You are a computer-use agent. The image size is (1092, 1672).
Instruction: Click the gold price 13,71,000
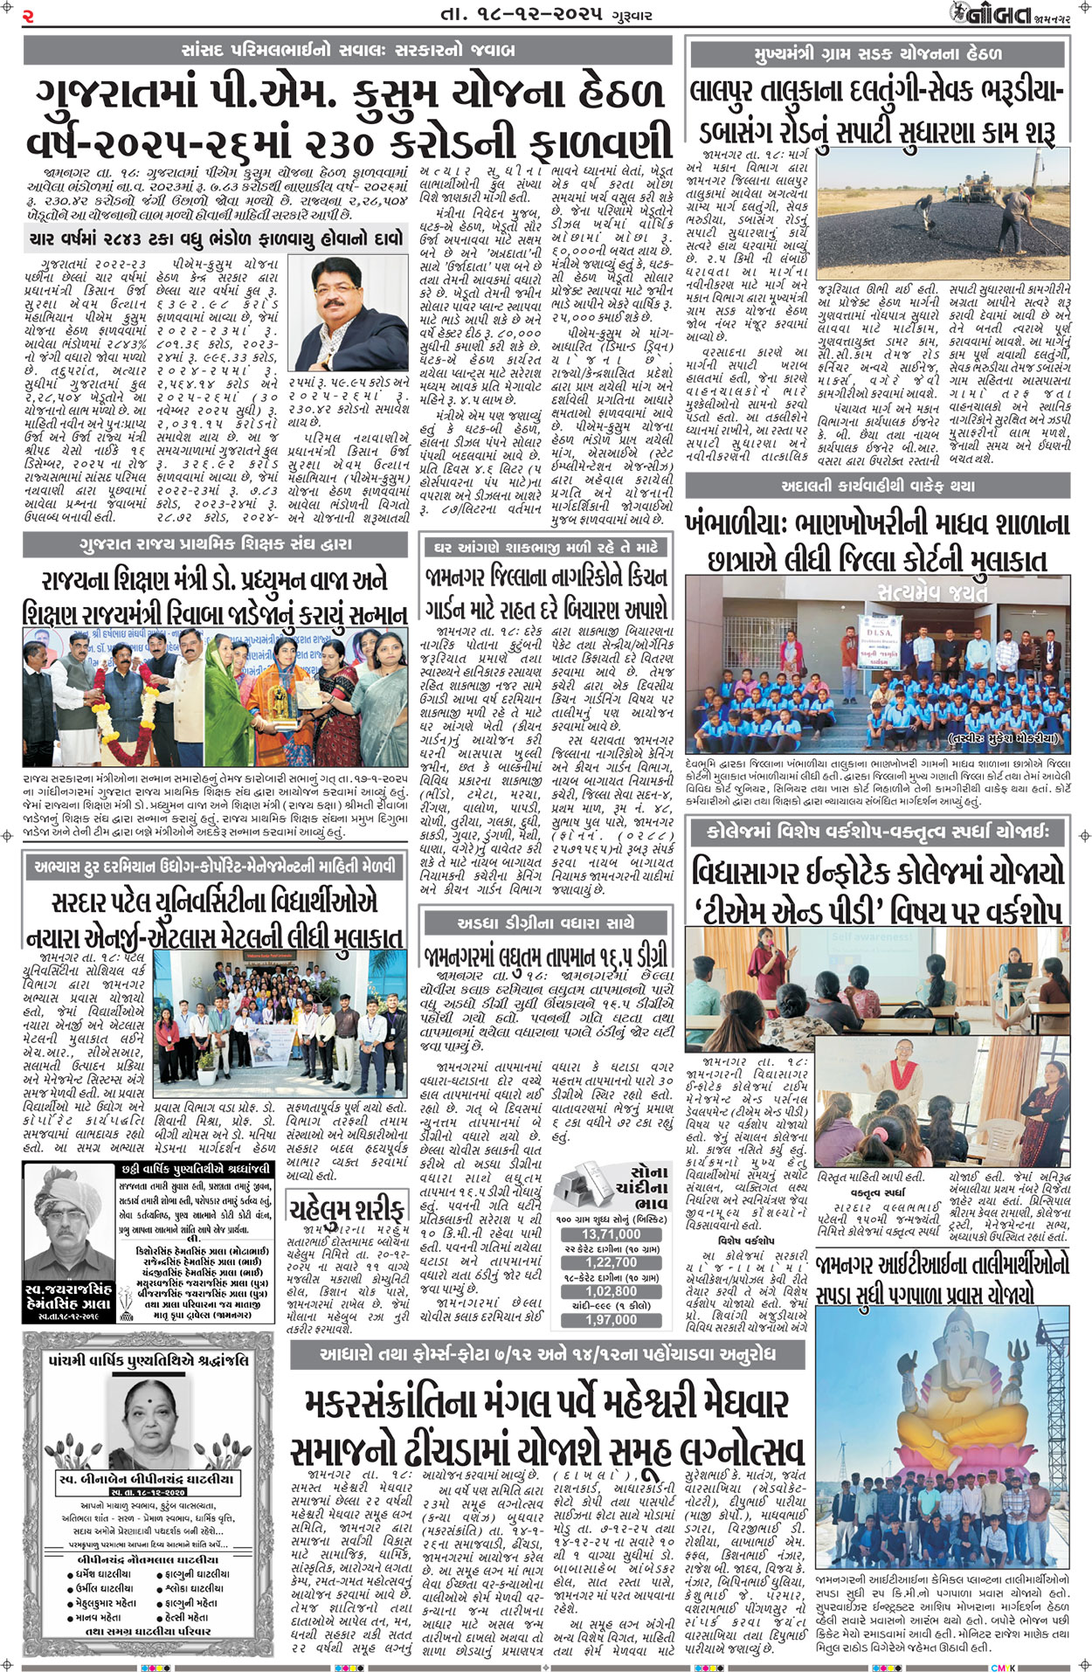611,1234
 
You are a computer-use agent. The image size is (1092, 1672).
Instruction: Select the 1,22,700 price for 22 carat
611,1262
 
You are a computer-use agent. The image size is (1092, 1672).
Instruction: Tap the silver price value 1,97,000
611,1319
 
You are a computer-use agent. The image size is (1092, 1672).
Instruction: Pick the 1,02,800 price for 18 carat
611,1291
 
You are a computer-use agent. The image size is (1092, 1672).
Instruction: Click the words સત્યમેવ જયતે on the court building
932,592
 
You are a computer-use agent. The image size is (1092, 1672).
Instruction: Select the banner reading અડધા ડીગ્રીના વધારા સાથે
546,922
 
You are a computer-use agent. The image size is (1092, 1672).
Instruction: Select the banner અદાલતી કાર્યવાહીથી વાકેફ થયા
877,485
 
